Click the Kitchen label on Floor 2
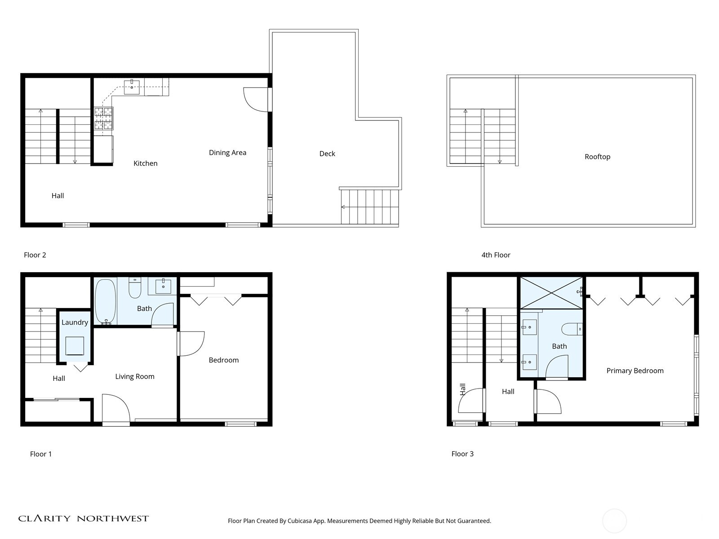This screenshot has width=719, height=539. [146, 163]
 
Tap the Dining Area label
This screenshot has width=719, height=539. [227, 153]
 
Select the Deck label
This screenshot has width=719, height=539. [327, 154]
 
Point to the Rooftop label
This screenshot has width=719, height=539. [597, 157]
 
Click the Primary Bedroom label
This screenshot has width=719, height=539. [635, 371]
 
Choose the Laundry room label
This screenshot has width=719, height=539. [75, 323]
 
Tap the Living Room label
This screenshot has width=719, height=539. [135, 376]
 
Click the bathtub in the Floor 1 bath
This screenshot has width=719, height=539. [106, 301]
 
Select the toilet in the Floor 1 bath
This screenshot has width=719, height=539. [135, 288]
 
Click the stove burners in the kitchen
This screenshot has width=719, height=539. [103, 119]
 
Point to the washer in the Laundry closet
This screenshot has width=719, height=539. [75, 346]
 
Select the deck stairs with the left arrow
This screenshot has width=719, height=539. [369, 207]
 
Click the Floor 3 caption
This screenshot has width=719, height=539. [462, 454]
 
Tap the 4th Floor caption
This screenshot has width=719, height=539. [496, 255]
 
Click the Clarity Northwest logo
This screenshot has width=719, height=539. [83, 519]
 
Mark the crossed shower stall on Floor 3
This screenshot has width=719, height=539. [551, 293]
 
